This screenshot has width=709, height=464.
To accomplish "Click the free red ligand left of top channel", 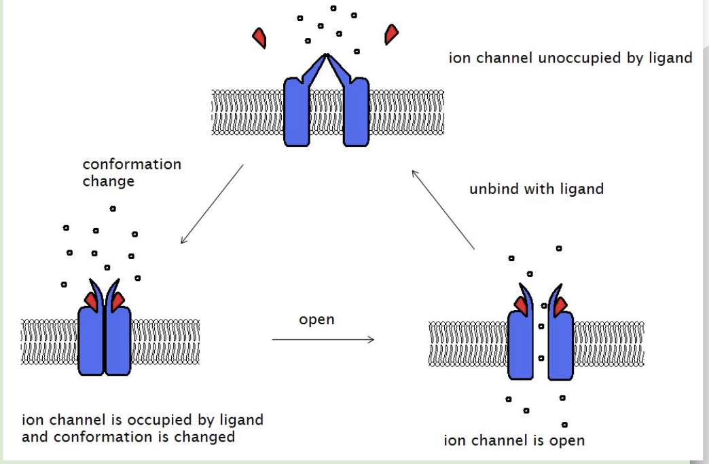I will click(259, 37).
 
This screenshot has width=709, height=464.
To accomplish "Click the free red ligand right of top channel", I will click(391, 34).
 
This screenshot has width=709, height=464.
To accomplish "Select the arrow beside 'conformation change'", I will click(211, 204).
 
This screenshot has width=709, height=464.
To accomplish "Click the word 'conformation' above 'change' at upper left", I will click(132, 165).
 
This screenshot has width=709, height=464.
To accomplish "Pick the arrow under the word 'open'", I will click(323, 339).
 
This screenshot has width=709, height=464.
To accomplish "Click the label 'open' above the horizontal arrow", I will click(316, 320).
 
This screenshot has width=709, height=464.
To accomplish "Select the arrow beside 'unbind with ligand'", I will click(443, 211).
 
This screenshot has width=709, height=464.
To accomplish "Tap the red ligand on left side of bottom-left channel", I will click(90, 300).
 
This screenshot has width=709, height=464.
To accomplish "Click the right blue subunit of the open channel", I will click(561, 346).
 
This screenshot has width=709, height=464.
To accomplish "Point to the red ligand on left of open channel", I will click(521, 307).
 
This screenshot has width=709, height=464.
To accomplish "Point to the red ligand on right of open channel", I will click(561, 307).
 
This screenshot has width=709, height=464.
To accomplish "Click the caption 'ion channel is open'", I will click(513, 441).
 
